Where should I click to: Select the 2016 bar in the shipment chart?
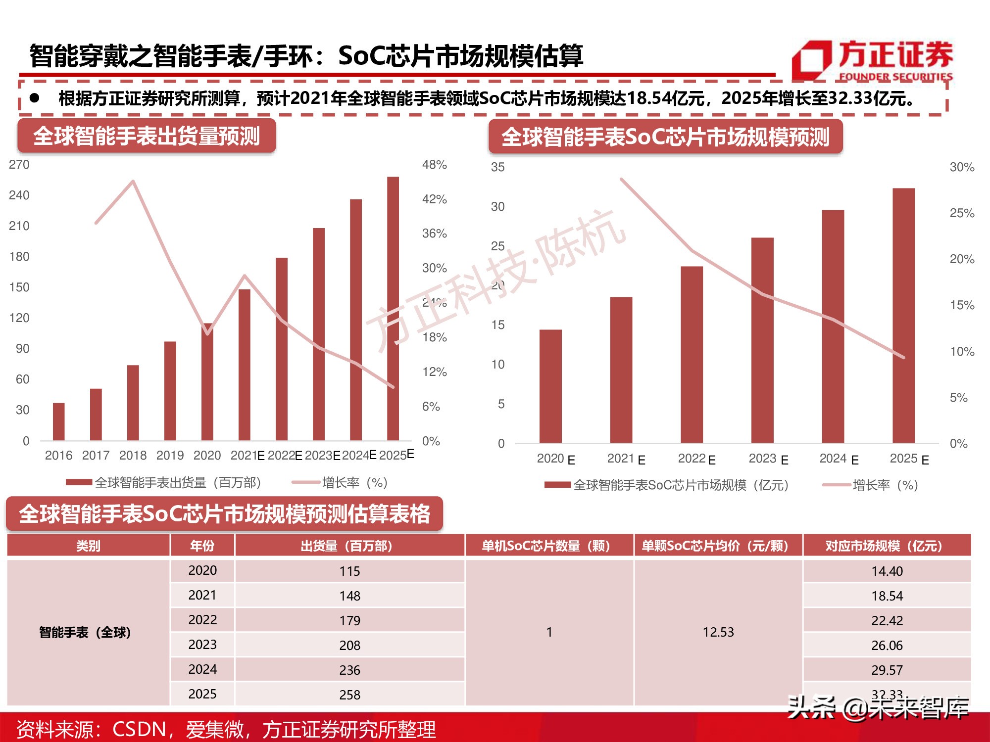point(58,421)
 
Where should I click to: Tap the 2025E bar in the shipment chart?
point(393,309)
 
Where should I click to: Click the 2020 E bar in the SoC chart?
point(550,386)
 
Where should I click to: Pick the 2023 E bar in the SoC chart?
point(762,340)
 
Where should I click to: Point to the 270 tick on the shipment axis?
point(19,165)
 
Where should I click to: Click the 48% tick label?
point(434,165)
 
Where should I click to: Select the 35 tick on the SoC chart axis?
point(497,167)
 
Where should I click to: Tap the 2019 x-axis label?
point(170,456)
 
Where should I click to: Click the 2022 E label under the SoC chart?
point(696,459)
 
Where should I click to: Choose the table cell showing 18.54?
point(887,596)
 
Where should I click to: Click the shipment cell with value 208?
point(349,646)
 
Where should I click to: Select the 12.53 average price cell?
point(718,632)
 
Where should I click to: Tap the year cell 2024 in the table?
point(202,669)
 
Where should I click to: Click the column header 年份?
point(202,546)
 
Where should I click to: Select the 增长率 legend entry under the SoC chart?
point(871,485)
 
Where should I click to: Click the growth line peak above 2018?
point(133,182)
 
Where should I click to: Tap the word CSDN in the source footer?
point(139,729)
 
